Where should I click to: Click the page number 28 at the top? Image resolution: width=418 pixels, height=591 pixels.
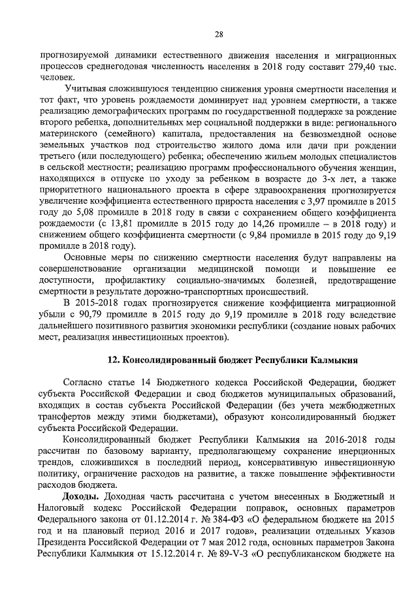click(219, 35)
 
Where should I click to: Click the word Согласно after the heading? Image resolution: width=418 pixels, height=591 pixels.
click(84, 382)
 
